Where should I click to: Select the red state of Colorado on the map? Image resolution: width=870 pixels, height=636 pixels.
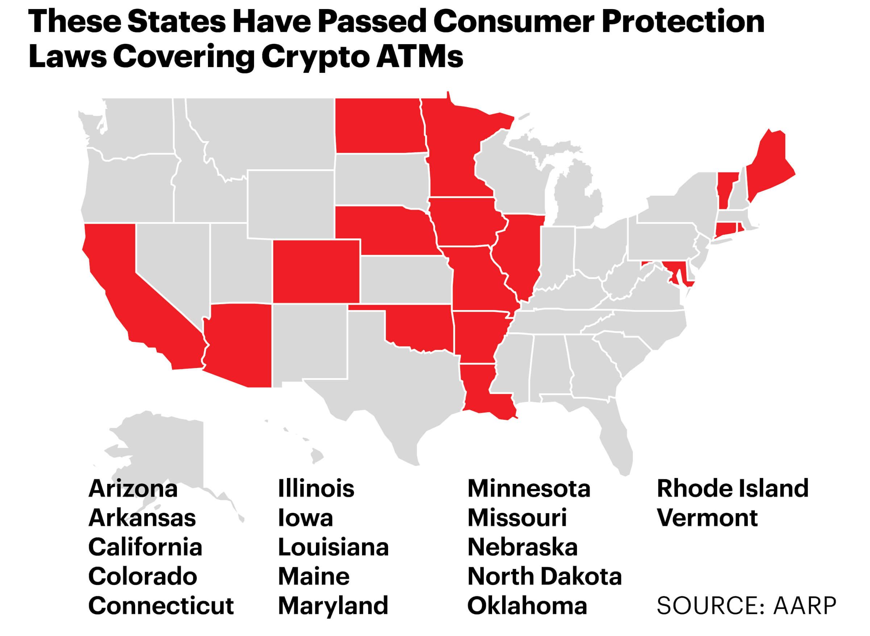(x=316, y=271)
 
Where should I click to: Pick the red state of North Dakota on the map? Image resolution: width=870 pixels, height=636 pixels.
(x=379, y=125)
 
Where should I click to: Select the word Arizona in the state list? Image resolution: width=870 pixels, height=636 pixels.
(x=133, y=489)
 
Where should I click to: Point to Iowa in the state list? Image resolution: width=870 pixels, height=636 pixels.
(x=305, y=518)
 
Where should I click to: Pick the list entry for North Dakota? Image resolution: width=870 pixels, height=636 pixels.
(x=544, y=576)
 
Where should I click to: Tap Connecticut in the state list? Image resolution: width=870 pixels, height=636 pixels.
(x=161, y=606)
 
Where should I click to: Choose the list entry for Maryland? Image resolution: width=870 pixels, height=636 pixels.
(x=333, y=606)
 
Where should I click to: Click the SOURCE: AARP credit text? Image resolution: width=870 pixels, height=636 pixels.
(x=746, y=606)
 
